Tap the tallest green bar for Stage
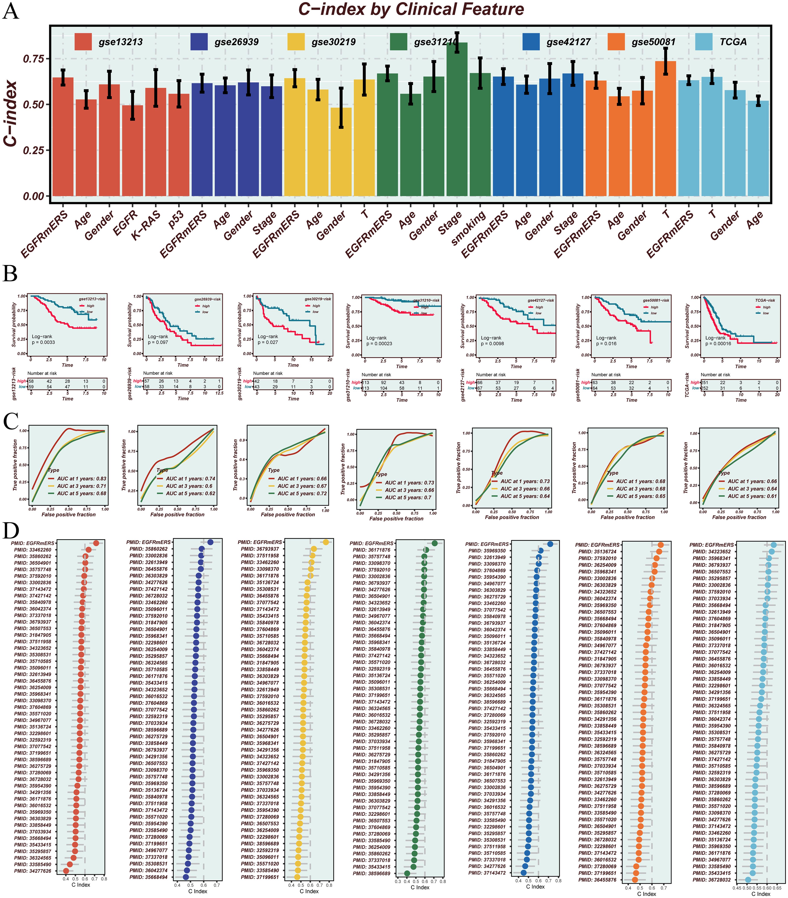click(457, 119)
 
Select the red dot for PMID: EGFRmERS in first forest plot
click(96, 543)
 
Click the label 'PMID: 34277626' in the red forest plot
click(32, 871)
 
